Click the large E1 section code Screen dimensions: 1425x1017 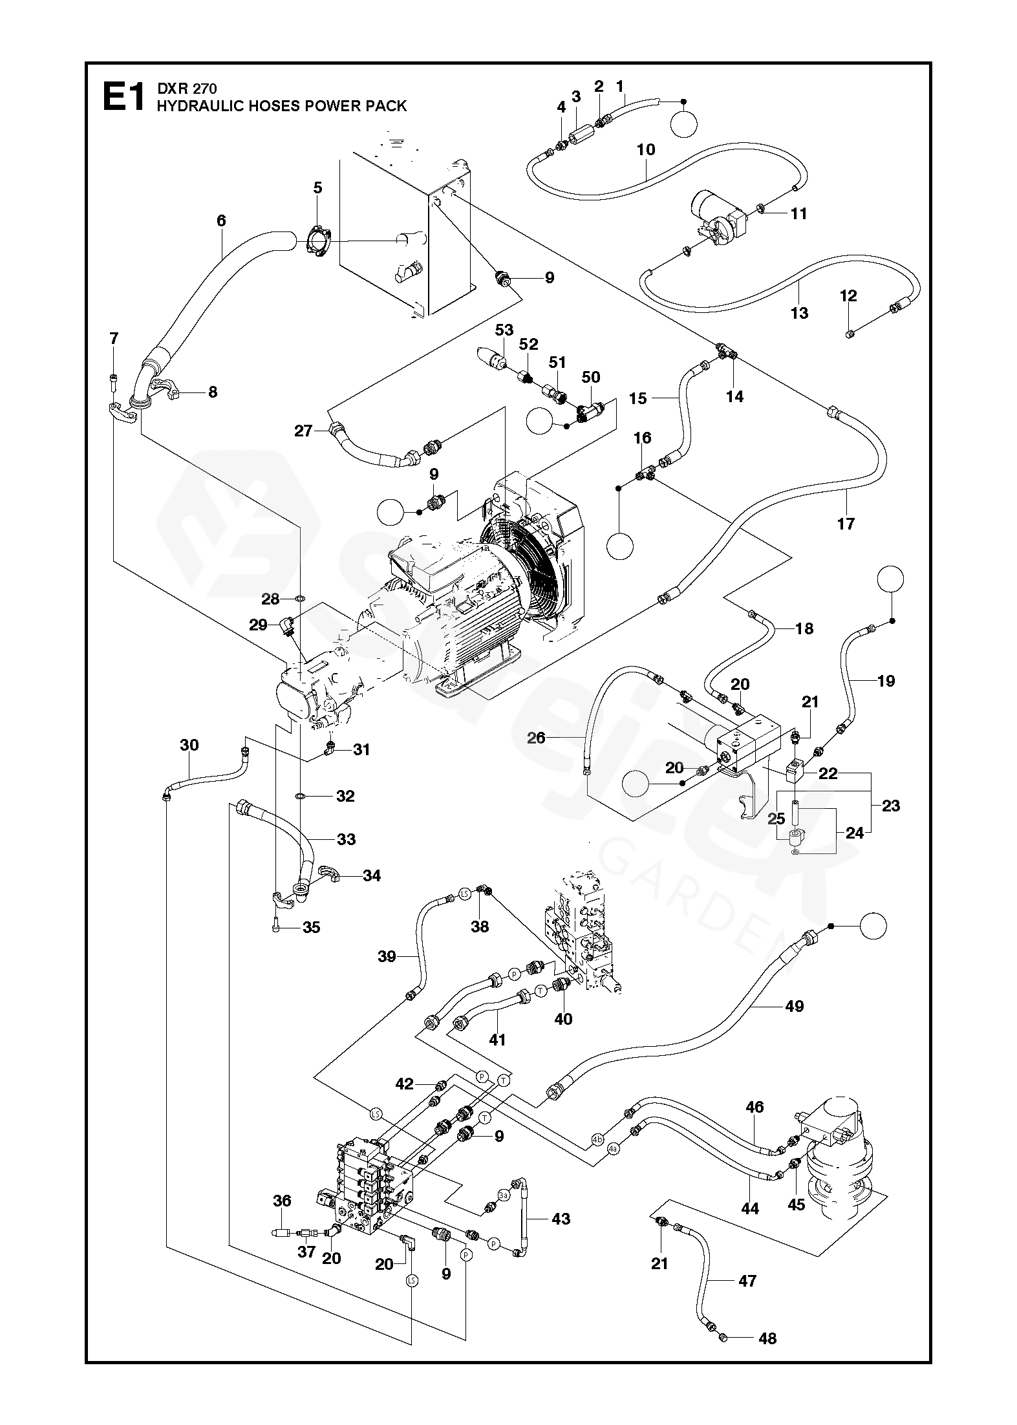tap(123, 98)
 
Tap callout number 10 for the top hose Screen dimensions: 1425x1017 tap(646, 149)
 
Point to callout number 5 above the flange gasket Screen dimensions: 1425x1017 tap(317, 188)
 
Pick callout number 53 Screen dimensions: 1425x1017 tap(504, 330)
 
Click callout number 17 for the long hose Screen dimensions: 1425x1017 tap(846, 524)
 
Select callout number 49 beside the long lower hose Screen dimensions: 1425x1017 tap(794, 1006)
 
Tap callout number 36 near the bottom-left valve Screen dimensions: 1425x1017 tap(282, 1201)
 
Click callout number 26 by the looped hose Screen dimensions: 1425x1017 tap(536, 737)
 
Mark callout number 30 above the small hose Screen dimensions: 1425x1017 tap(189, 745)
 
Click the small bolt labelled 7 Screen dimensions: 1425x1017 tap(114, 378)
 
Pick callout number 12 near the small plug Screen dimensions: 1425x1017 tap(848, 296)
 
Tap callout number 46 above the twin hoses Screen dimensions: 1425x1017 tap(755, 1107)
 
